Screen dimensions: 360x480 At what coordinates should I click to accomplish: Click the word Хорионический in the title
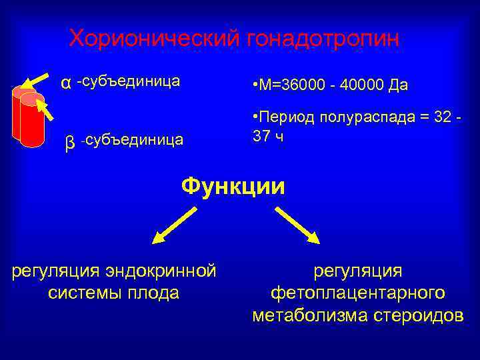[155, 39]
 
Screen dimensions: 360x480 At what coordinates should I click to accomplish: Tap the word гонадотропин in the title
[323, 39]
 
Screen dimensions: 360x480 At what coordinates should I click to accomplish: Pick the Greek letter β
[70, 142]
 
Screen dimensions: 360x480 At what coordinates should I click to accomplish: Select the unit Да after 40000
[399, 86]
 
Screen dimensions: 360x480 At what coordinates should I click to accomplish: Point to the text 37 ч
[268, 136]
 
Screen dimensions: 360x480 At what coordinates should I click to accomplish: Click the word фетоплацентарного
[358, 293]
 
